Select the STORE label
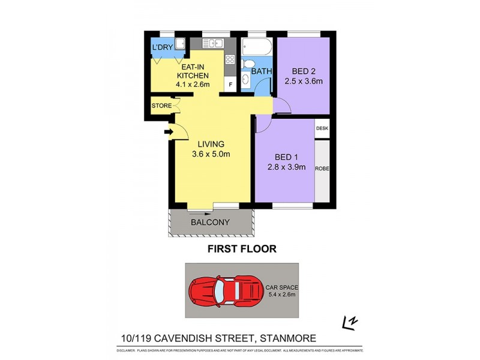click(x=161, y=106)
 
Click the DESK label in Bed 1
click(x=322, y=128)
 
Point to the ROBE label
click(x=322, y=169)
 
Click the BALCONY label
click(x=210, y=223)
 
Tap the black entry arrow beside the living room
click(x=168, y=132)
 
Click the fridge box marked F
click(x=228, y=85)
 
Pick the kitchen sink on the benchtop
click(x=212, y=43)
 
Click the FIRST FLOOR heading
click(x=242, y=249)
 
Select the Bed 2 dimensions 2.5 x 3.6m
click(x=303, y=80)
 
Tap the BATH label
click(x=262, y=71)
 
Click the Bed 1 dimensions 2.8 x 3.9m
click(x=287, y=167)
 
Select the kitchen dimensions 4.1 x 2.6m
click(x=193, y=85)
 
